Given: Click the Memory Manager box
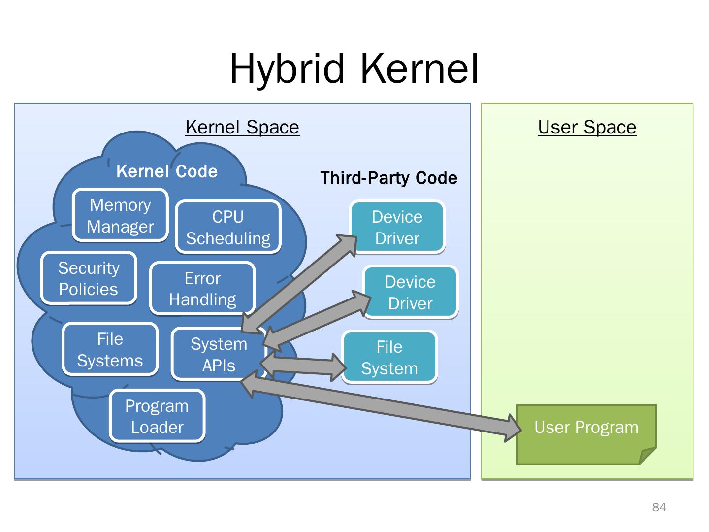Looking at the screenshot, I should point(121,216).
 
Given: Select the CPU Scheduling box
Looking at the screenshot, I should point(228,228).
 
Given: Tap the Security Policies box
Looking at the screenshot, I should point(89,278).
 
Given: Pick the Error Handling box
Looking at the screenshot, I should point(202,289).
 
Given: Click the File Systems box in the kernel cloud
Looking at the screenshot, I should point(110,350).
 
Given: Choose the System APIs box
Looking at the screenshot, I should point(219,355).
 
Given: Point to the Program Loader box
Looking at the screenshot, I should point(157,416).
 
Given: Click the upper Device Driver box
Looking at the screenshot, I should point(397,228).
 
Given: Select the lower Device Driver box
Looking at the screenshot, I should point(410,293).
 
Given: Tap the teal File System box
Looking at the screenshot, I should point(389,358).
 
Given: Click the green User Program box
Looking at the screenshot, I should point(586,427).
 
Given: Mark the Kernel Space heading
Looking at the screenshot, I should point(242,127).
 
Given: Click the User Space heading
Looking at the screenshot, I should point(587,127).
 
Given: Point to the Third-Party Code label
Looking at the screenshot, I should point(388,178).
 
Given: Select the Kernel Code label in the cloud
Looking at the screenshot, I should point(167,171).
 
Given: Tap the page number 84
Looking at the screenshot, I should point(659,507).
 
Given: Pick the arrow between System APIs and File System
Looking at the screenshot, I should point(303,365).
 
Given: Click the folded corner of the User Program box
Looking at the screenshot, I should point(647,456).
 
